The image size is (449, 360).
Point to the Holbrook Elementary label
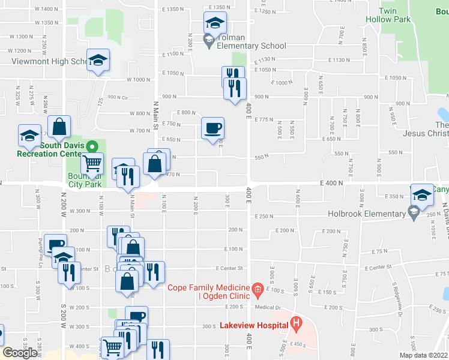[366, 214]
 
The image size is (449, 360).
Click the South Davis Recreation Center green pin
[92, 146]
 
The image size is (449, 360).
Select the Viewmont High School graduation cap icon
[98, 59]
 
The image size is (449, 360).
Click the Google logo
[20, 352]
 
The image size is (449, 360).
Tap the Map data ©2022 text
[423, 355]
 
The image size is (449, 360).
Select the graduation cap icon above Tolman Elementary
[215, 23]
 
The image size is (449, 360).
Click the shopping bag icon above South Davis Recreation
[59, 127]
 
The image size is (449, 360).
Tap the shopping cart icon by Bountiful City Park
[92, 163]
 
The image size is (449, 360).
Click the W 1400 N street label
[46, 9]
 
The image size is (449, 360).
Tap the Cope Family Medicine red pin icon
[257, 290]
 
